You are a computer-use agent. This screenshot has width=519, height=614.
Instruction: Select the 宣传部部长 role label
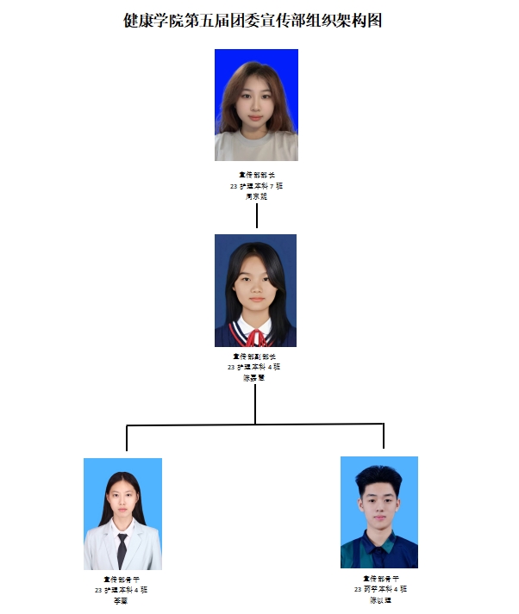coord(256,175)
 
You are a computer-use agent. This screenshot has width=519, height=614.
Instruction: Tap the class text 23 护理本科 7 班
coord(256,186)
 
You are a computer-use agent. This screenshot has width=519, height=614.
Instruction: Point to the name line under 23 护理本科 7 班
coord(256,196)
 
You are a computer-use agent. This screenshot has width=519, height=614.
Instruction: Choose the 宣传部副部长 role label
coord(254,356)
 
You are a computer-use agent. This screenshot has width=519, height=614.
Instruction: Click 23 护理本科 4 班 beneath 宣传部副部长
coord(254,367)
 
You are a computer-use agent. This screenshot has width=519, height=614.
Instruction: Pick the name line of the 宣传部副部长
coord(254,377)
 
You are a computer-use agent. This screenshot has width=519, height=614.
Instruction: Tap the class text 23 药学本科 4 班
coord(380,589)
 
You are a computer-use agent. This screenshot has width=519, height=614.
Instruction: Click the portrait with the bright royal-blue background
coord(256,105)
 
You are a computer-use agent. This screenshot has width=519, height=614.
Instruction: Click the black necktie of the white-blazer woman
coord(122,549)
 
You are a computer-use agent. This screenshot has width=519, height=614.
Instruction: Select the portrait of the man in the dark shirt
coord(379,512)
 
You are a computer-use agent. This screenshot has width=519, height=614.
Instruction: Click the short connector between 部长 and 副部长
coord(257,215)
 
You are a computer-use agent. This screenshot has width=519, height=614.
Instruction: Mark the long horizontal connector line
coord(255,425)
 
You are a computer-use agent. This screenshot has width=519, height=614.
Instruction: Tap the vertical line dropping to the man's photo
coord(384,437)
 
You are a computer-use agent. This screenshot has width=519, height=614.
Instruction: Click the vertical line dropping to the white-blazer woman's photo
coord(127,438)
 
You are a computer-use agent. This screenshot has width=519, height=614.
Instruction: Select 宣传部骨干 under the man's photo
coord(380,579)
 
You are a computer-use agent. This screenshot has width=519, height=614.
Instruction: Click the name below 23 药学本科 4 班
coord(380,600)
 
